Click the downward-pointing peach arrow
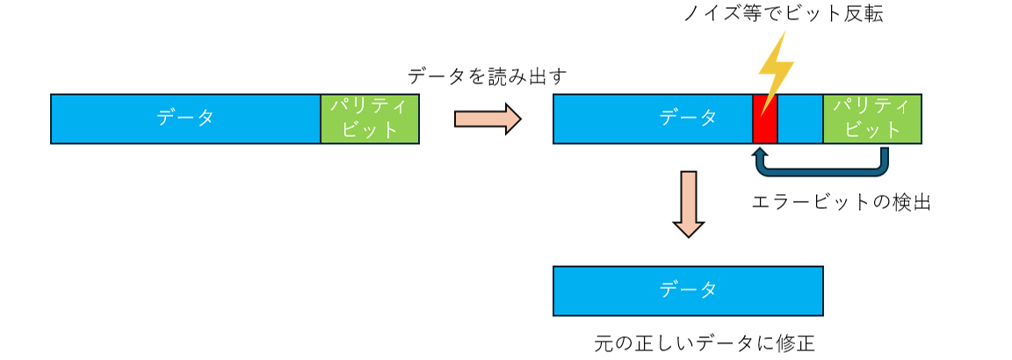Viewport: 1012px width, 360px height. point(688,205)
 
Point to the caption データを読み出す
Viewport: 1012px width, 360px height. point(488,76)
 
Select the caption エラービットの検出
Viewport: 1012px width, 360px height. point(841,202)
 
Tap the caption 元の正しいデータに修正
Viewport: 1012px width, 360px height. point(705,342)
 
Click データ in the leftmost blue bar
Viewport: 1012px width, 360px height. point(185,118)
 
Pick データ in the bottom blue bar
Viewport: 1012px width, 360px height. point(688,290)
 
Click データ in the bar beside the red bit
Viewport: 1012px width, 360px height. point(688,118)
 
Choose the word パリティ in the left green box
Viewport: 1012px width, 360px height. point(370,106)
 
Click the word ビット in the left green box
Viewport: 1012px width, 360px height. point(370,130)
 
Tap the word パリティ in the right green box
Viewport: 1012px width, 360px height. point(871,106)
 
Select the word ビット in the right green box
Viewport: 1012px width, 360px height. point(871,130)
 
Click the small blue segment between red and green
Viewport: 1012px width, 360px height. point(800,119)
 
